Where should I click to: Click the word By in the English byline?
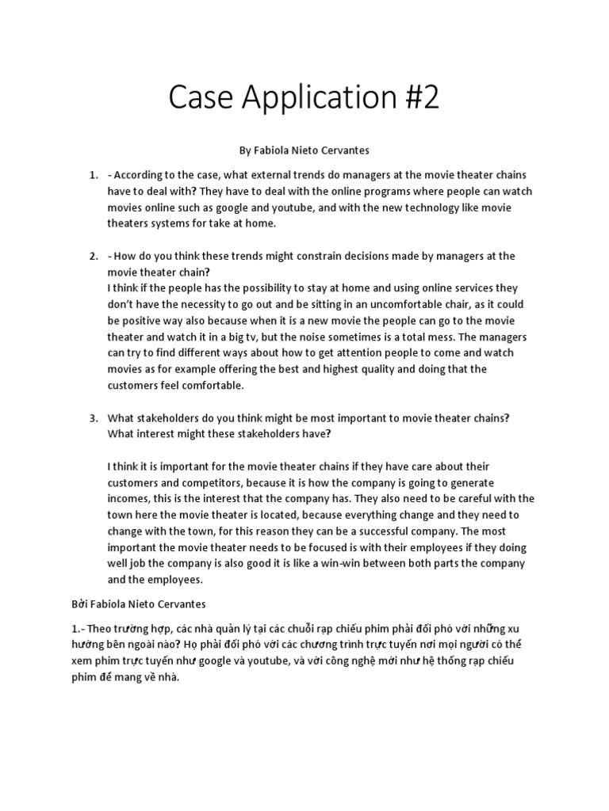pos(245,149)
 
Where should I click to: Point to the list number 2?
pos(93,256)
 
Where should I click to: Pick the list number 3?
pos(93,418)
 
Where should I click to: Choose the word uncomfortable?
pos(412,305)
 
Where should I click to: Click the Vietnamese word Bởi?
pos(77,604)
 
